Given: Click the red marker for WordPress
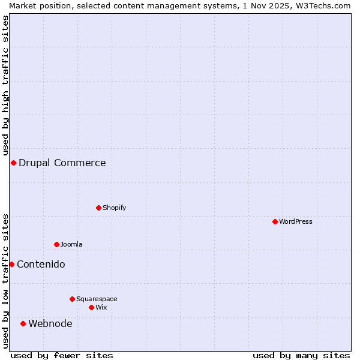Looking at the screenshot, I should [x=275, y=221].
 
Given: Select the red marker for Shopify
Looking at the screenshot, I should [x=98, y=208].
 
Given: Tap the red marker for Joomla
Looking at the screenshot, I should [x=56, y=244].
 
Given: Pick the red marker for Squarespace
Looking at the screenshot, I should [x=72, y=299].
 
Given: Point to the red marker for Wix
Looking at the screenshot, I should [x=91, y=307].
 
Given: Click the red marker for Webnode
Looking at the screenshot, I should [x=23, y=323].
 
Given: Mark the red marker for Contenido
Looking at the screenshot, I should [x=11, y=264].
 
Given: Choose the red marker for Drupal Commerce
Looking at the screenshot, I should [x=13, y=163].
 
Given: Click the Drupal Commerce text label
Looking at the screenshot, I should [x=62, y=163].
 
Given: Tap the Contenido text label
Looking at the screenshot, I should [x=41, y=264].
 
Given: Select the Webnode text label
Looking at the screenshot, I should [x=50, y=323].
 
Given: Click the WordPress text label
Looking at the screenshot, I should [x=296, y=221].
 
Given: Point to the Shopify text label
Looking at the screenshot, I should [x=114, y=208].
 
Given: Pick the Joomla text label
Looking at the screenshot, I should [x=71, y=244].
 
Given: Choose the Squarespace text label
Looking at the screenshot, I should [x=97, y=299].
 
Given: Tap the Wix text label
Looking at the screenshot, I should [x=101, y=307].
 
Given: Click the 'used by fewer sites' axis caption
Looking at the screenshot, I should [x=62, y=355].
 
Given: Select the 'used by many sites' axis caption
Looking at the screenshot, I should [x=301, y=355].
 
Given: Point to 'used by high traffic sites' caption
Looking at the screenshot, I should [x=5, y=84].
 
